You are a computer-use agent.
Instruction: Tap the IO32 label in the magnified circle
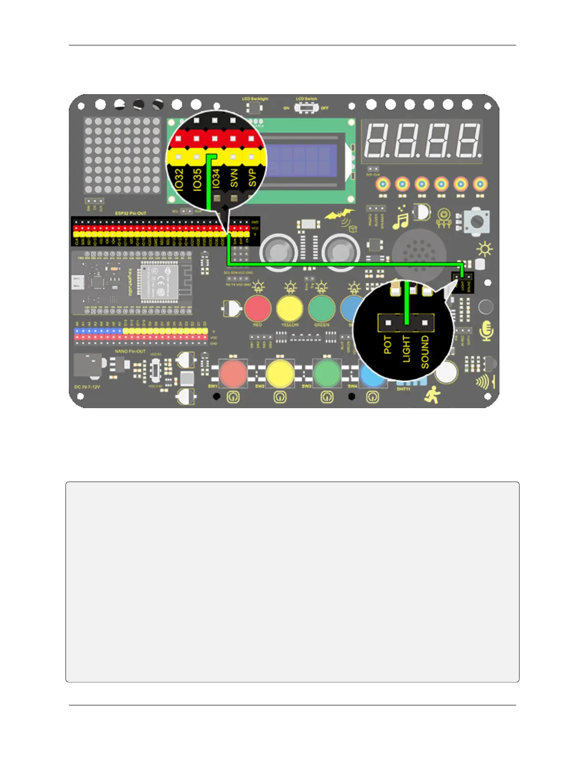click(179, 180)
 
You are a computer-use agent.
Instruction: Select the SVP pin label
click(252, 177)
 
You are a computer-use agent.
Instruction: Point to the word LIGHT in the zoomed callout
click(406, 348)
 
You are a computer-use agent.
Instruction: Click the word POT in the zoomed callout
click(388, 345)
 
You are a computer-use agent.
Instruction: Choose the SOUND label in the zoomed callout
click(425, 352)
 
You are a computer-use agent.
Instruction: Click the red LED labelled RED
click(258, 309)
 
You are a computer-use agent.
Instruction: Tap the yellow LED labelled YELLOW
click(290, 309)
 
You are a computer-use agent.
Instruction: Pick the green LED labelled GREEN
click(322, 309)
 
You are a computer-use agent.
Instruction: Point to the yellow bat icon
click(340, 216)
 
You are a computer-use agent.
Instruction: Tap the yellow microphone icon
click(487, 331)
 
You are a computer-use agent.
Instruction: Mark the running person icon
click(433, 395)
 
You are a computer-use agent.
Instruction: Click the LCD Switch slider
click(306, 108)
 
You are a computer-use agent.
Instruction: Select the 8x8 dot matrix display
click(122, 155)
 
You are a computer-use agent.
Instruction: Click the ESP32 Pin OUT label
click(130, 213)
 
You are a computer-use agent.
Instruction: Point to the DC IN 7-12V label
click(87, 387)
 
